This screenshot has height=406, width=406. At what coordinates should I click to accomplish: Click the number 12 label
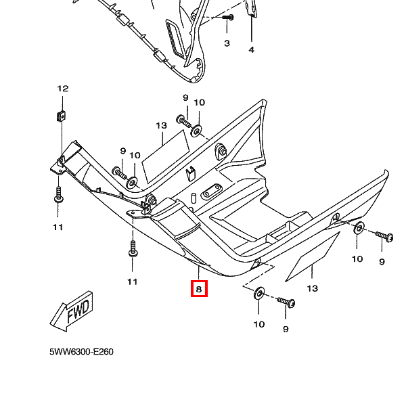point(62,89)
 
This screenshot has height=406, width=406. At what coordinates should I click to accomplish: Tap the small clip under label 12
point(60,114)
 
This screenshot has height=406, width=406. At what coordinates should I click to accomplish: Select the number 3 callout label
point(227,43)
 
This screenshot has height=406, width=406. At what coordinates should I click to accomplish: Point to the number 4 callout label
point(251,49)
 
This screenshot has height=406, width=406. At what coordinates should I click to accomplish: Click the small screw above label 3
point(228,17)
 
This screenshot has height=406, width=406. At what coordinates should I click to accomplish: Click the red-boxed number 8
point(198,290)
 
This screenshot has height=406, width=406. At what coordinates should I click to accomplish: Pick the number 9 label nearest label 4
point(185,98)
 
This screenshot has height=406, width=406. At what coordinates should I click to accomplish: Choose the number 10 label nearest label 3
point(200,102)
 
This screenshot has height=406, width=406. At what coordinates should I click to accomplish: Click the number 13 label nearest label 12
point(161,126)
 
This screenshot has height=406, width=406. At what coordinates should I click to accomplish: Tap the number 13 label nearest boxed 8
point(312,289)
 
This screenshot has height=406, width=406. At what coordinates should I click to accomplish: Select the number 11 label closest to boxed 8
point(132,281)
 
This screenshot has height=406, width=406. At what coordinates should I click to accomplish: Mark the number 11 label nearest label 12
point(58,227)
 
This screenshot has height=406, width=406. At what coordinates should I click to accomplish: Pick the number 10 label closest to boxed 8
point(259,324)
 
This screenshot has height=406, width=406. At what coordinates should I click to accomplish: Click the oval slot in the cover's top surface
point(210,189)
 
